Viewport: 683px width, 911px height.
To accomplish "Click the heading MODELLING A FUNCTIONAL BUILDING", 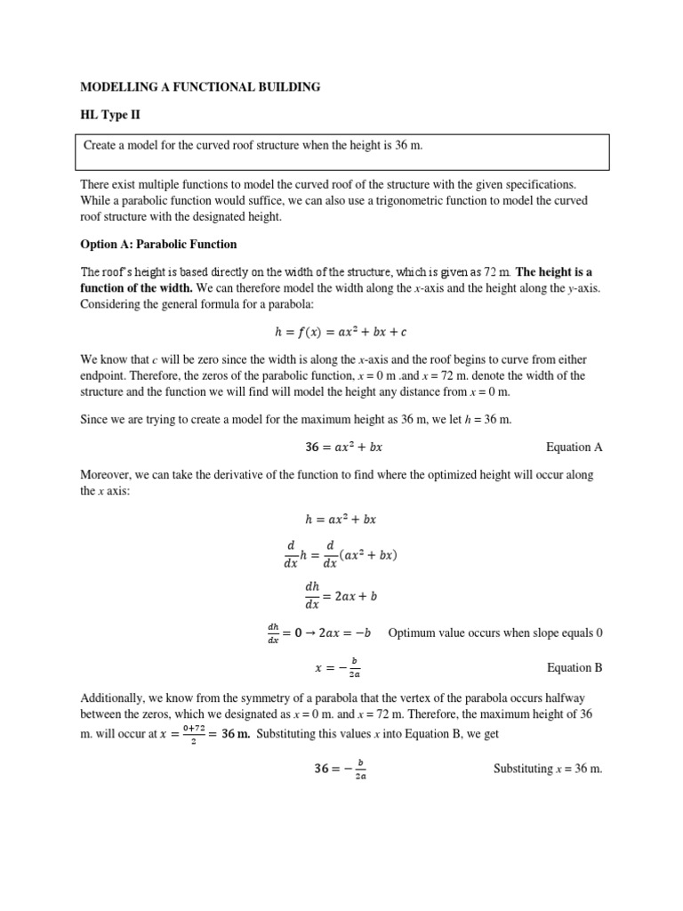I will pos(200,87).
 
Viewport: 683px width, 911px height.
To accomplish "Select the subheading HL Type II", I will pos(110,115).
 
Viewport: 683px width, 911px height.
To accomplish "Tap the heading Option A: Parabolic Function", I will pos(158,244).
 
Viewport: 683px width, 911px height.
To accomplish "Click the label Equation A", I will pos(574,447).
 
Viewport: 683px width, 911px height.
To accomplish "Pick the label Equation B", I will pos(574,667).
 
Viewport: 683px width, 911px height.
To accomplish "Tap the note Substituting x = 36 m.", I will pos(548,769).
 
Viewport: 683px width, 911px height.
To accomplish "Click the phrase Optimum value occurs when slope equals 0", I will pos(495,633).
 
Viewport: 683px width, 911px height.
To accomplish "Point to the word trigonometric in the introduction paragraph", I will pos(372,200).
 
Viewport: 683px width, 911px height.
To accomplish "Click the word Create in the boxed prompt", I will pos(101,145).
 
